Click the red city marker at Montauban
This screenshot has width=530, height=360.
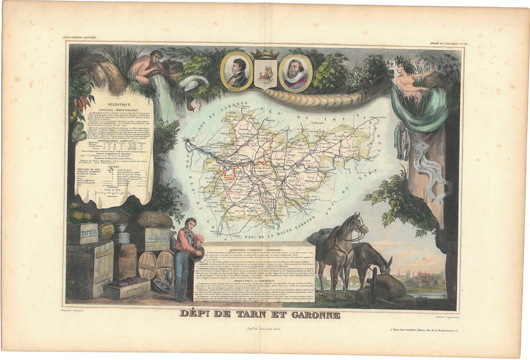(x=283, y=181)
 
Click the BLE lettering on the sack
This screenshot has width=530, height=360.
(x=105, y=216)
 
